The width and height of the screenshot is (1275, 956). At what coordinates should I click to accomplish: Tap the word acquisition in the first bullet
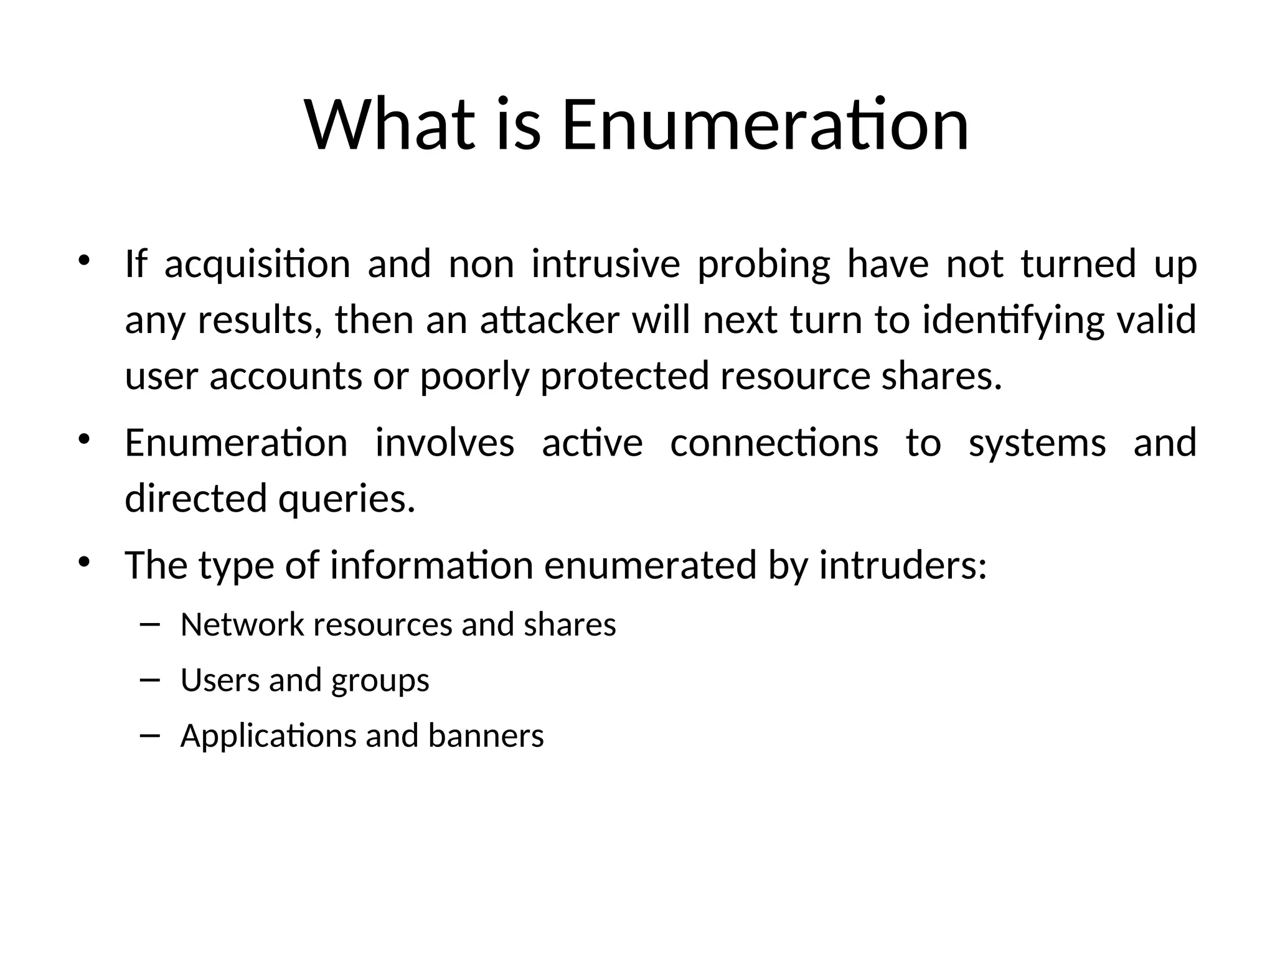[257, 264]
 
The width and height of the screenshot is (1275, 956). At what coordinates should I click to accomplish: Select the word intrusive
[605, 264]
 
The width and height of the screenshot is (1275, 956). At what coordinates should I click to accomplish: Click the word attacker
[550, 320]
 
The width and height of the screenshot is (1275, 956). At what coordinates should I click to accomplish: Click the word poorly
[474, 377]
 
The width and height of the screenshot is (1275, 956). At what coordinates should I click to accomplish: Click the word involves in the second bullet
[445, 443]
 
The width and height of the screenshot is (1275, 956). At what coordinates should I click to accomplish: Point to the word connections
[774, 443]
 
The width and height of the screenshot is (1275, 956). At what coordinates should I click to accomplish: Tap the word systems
[1037, 444]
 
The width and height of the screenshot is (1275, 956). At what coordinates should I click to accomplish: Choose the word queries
[347, 500]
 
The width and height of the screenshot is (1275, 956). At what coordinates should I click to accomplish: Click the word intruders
[902, 565]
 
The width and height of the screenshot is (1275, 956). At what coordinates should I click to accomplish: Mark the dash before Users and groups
[150, 680]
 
